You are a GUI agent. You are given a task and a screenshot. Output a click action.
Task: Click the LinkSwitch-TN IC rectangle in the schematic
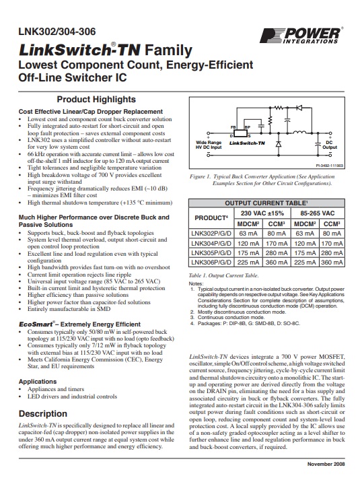[x=247, y=134]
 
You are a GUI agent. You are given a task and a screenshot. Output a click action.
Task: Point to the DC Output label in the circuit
[x=330, y=145]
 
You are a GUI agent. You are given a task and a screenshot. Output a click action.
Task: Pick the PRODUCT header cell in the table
[x=209, y=219]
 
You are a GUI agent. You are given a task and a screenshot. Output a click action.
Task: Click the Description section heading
[x=42, y=413]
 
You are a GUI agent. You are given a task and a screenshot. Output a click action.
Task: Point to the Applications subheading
[x=38, y=381]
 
